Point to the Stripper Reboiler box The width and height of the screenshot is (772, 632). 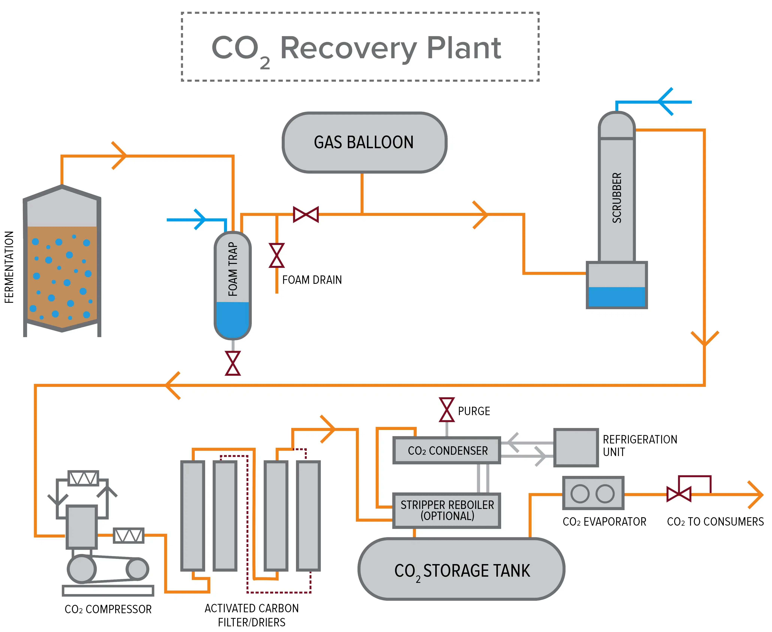click(x=447, y=510)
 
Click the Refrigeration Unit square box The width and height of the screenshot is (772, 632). click(x=576, y=447)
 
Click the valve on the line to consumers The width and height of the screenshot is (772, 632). click(x=679, y=494)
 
